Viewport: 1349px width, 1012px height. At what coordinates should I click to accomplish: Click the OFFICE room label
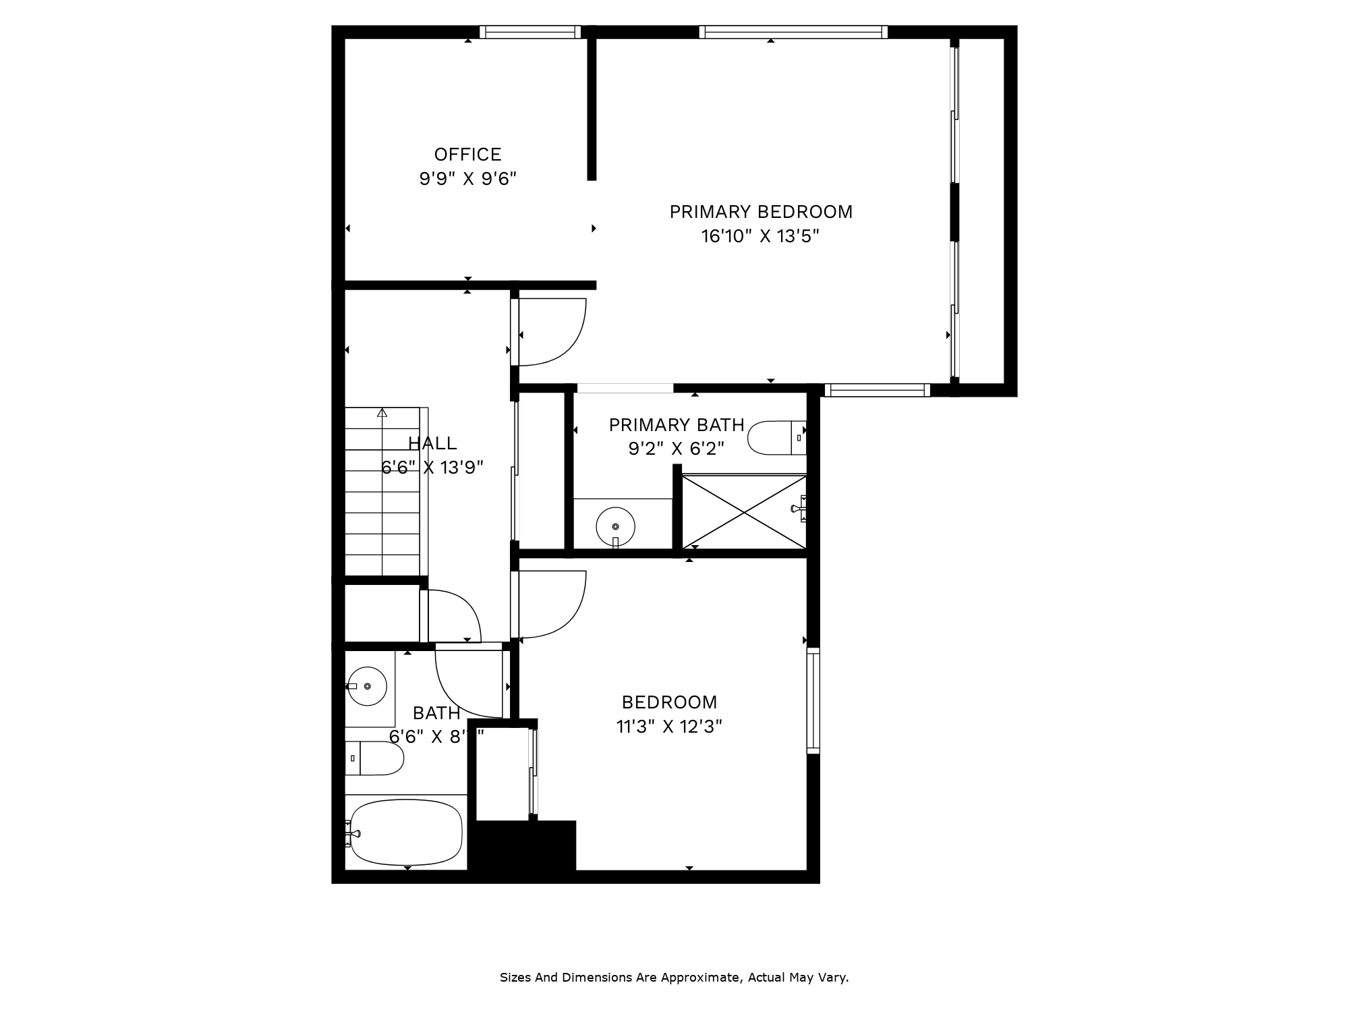[x=467, y=154]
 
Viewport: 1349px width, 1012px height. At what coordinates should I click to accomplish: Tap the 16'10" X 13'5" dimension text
[x=760, y=237]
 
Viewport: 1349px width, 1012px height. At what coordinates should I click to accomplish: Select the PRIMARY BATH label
[x=677, y=425]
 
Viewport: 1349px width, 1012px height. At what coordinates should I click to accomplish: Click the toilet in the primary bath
[x=776, y=438]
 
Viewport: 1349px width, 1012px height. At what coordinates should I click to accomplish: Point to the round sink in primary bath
[x=615, y=527]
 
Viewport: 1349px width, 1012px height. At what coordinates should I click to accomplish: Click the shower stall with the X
[x=744, y=512]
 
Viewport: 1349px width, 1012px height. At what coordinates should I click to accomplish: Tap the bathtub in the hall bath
[x=406, y=833]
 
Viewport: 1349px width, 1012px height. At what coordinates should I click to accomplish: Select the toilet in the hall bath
[x=374, y=758]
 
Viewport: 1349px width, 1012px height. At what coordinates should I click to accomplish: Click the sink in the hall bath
[x=367, y=686]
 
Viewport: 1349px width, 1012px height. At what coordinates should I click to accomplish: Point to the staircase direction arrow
[x=382, y=412]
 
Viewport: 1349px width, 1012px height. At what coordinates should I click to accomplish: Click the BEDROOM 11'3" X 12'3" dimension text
[x=668, y=727]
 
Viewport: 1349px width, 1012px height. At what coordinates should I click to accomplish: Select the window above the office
[x=530, y=32]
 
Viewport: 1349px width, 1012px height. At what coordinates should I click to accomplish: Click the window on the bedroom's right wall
[x=813, y=700]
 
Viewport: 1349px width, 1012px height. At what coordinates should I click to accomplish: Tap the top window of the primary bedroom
[x=793, y=32]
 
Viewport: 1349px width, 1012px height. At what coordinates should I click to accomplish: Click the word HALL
[x=432, y=443]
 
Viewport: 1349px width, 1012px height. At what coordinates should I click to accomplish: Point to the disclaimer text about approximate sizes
[x=674, y=978]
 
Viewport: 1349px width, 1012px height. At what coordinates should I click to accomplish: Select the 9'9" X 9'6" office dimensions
[x=467, y=179]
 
